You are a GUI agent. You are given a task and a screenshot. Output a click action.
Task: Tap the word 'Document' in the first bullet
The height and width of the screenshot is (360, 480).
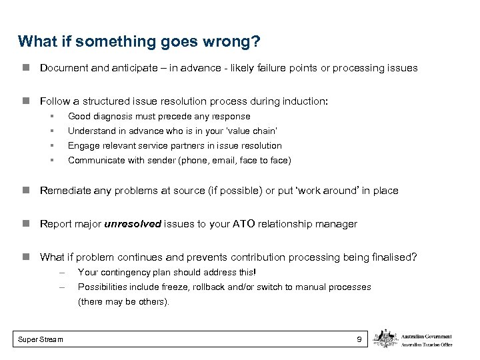pyautogui.click(x=63, y=68)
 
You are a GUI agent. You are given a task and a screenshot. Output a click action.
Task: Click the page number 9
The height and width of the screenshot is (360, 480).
pyautogui.click(x=359, y=340)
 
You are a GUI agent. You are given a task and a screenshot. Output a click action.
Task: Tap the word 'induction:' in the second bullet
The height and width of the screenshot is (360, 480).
pyautogui.click(x=305, y=101)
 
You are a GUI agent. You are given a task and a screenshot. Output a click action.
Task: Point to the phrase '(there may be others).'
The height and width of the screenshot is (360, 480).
pyautogui.click(x=124, y=301)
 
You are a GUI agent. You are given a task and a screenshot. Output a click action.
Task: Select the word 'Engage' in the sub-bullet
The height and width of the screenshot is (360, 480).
pyautogui.click(x=83, y=145)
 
